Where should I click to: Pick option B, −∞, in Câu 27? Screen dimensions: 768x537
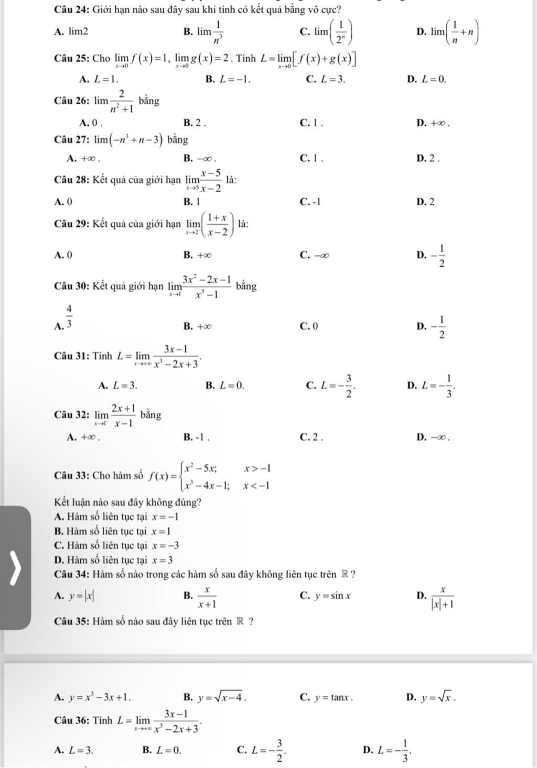pos(200,158)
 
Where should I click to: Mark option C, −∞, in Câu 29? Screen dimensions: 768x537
pos(315,255)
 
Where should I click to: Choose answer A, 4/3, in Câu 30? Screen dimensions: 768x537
pos(66,319)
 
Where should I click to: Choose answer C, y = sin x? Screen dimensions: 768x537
pos(326,595)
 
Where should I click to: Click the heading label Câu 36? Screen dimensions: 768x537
pos(71,720)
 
